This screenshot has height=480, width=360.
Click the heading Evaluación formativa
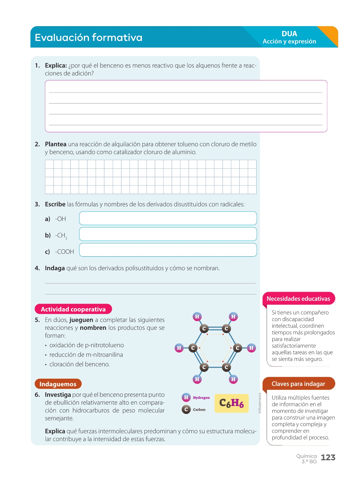pyautogui.click(x=89, y=38)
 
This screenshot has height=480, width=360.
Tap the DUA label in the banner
pyautogui.click(x=289, y=34)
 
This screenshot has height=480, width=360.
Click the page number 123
pyautogui.click(x=328, y=457)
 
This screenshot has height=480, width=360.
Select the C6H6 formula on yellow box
pyautogui.click(x=231, y=403)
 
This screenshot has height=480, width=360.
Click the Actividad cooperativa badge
pyautogui.click(x=73, y=309)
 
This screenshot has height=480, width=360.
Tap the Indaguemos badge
pyautogui.click(x=58, y=384)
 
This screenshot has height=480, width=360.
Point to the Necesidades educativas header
pyautogui.click(x=298, y=299)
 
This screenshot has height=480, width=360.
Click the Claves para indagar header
pyautogui.click(x=298, y=384)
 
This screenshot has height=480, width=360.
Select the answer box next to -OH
pyautogui.click(x=168, y=218)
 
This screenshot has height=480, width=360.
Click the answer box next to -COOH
pyautogui.click(x=168, y=250)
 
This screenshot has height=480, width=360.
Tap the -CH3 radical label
pyautogui.click(x=61, y=235)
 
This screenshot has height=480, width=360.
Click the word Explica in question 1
pyautogui.click(x=56, y=66)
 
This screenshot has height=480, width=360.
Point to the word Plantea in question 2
pyautogui.click(x=55, y=144)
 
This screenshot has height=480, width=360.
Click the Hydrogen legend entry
pyautogui.click(x=196, y=398)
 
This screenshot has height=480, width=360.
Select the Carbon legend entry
pyautogui.click(x=194, y=410)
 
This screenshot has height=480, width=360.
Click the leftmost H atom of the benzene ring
pyautogui.click(x=179, y=348)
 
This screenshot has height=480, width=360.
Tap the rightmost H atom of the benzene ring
pyautogui.click(x=251, y=348)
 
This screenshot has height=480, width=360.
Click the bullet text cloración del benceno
pyautogui.click(x=79, y=364)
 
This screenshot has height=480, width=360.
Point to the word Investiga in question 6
pyautogui.click(x=58, y=395)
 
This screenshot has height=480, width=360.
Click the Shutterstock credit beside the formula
pyautogui.click(x=260, y=403)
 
